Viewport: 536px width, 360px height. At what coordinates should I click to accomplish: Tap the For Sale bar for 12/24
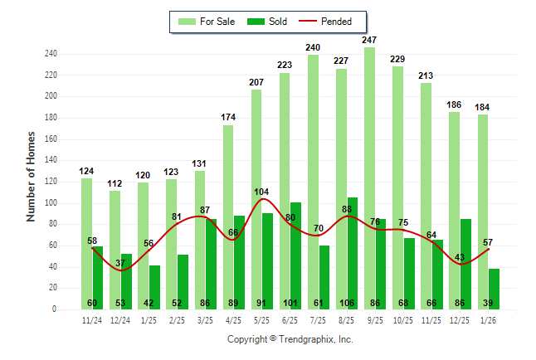115,241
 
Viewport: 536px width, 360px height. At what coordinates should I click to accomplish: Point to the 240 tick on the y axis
51,54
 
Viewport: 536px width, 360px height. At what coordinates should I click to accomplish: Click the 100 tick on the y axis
51,203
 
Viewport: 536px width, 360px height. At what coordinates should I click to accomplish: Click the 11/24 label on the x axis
92,319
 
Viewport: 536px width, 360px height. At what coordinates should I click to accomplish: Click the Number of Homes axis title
32,175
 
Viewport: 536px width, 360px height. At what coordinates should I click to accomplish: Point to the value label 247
369,40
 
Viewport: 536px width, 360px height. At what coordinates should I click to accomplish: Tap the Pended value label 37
120,263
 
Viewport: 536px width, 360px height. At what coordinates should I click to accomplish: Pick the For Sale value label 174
228,117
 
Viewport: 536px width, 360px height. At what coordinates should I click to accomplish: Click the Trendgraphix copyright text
290,339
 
